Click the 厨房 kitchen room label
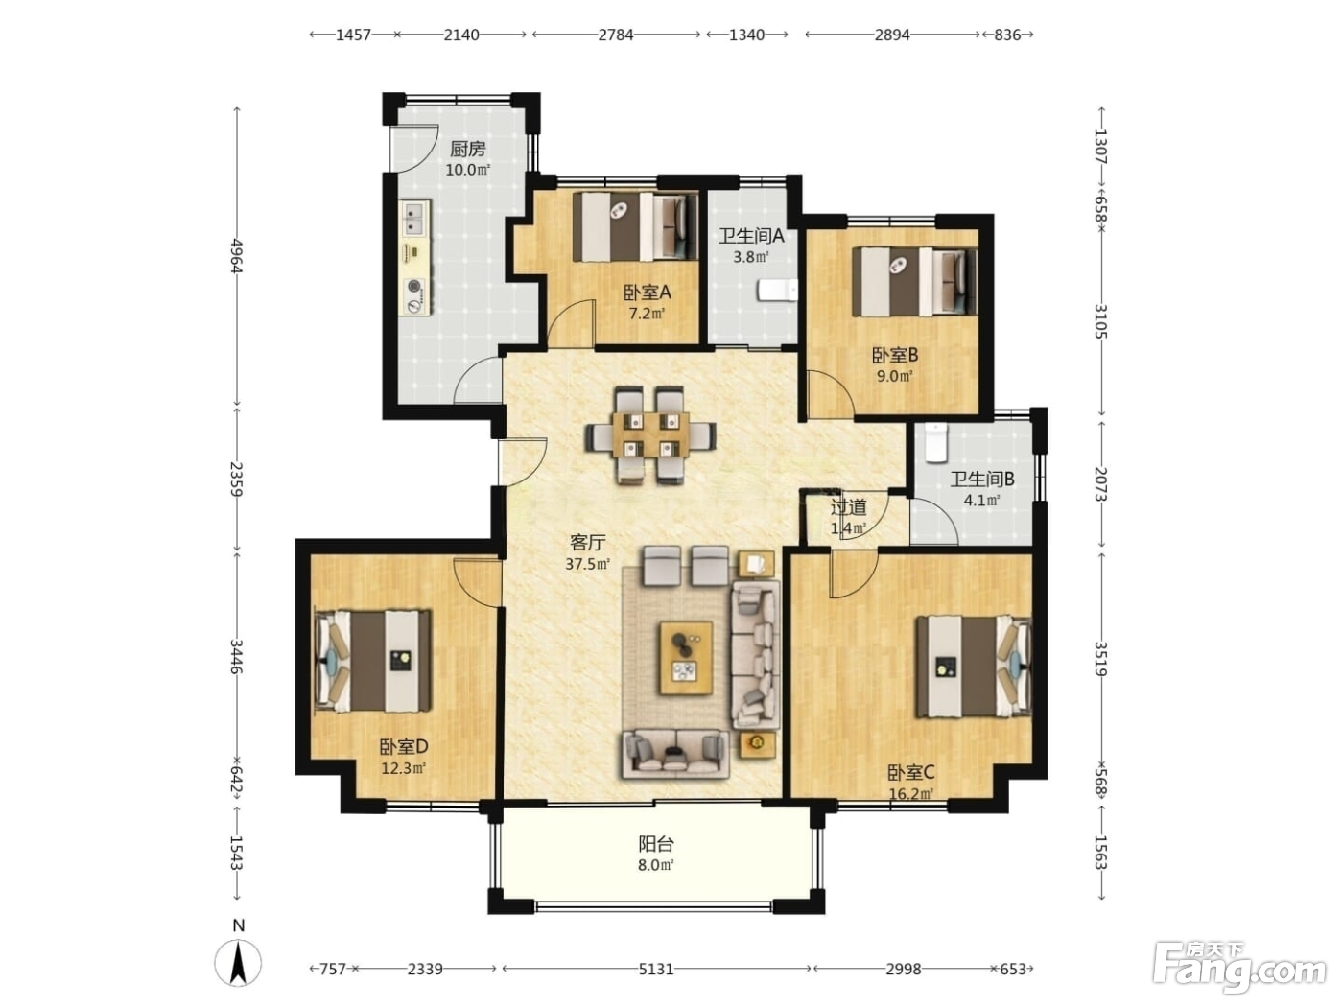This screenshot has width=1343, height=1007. tap(467, 149)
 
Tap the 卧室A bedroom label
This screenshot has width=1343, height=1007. tap(648, 293)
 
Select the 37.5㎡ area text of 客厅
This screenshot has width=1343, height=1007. tap(587, 564)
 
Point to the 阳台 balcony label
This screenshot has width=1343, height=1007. tap(656, 844)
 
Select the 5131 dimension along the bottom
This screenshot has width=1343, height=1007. tap(656, 969)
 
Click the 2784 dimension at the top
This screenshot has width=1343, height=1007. tap(616, 35)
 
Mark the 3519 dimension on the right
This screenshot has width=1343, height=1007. tap(1101, 659)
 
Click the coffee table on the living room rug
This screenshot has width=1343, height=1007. tap(686, 658)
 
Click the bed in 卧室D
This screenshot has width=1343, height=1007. tap(372, 661)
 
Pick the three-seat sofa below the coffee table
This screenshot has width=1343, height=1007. tap(676, 755)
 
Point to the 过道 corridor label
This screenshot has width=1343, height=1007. tap(849, 507)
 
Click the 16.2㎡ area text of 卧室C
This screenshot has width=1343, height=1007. tap(911, 794)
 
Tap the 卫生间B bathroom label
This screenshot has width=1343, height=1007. tap(982, 480)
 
